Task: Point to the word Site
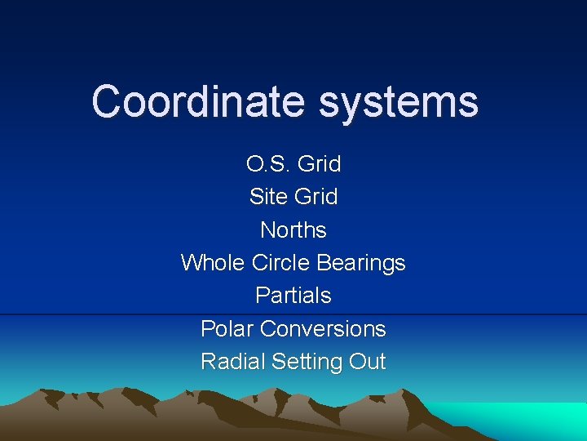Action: click(x=268, y=197)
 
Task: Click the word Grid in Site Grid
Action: click(x=316, y=197)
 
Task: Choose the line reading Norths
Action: click(x=293, y=230)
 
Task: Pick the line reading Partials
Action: click(x=293, y=296)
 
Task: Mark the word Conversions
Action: click(x=323, y=328)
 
